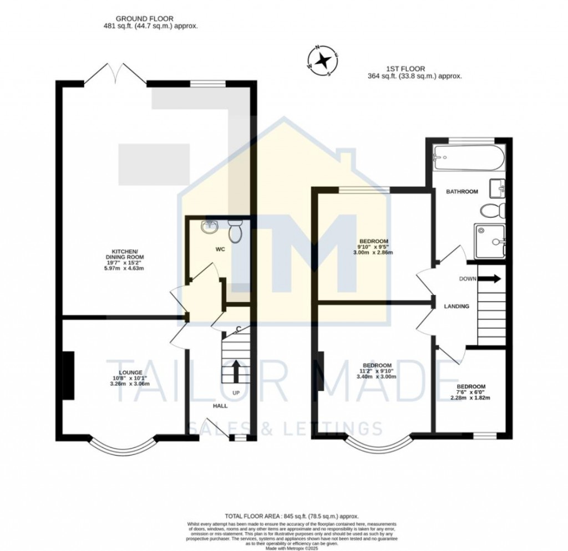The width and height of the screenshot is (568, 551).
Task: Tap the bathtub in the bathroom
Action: tap(469, 158)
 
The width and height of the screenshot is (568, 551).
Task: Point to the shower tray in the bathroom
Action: tap(490, 241)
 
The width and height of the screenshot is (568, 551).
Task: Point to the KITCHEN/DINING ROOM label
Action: tap(125, 260)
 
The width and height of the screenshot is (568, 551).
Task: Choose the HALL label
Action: tap(220, 406)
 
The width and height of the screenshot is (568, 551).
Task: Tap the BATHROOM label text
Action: tap(462, 192)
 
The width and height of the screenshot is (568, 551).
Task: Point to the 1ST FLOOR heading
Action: tap(415, 69)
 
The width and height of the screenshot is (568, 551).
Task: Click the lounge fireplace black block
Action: tap(68, 375)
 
